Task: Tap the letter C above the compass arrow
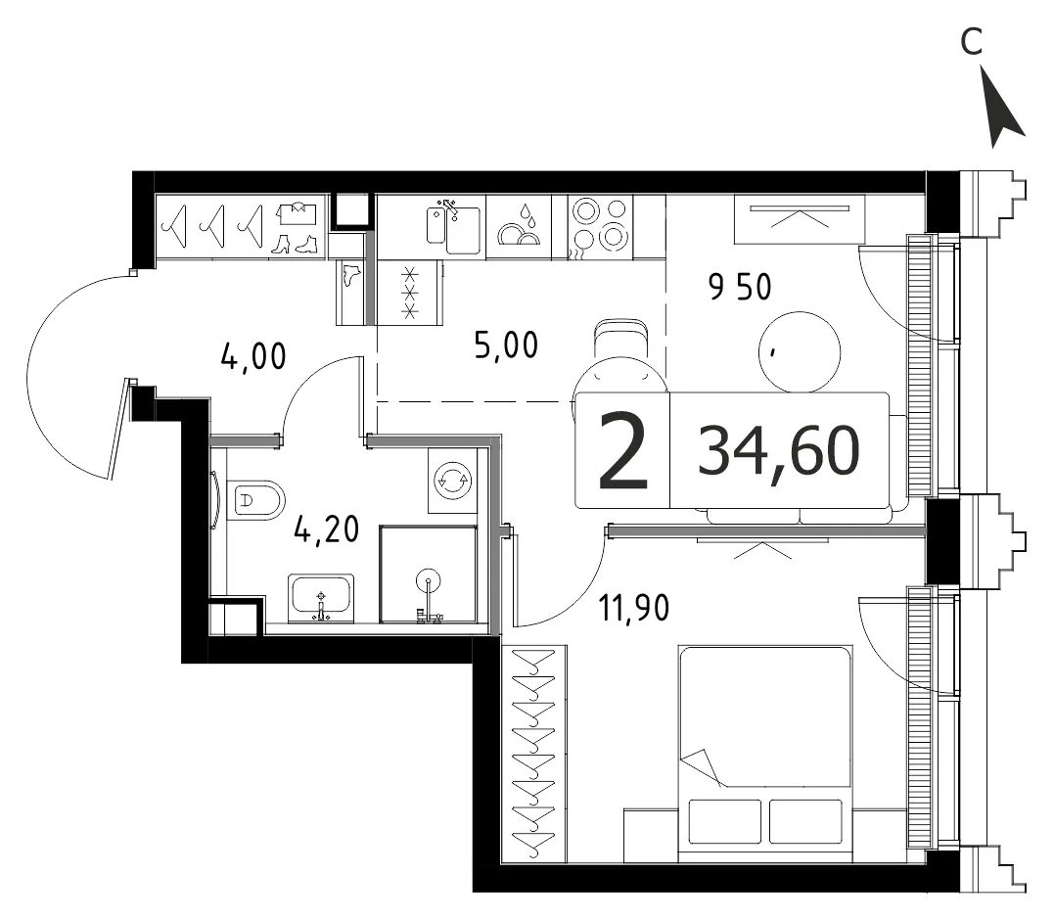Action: [972, 42]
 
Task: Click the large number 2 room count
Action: [623, 449]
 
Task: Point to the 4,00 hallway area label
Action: [253, 356]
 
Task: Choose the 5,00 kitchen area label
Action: [506, 345]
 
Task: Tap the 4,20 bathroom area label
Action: [327, 529]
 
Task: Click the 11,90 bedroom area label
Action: [634, 609]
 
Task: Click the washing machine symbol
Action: [453, 481]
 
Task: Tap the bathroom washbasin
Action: [321, 598]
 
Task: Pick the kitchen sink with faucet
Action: [453, 226]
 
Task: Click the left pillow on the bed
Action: [725, 821]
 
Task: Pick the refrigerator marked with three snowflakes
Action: [410, 293]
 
